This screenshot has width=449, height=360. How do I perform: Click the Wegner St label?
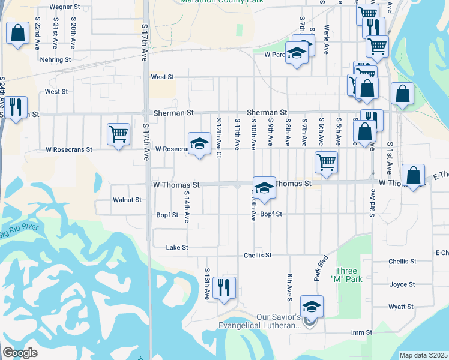click(x=65, y=7)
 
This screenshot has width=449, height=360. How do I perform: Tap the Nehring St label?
click(x=55, y=60)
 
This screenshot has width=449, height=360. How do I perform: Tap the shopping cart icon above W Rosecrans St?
click(x=118, y=134)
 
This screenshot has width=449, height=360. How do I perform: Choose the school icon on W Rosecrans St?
click(x=199, y=143)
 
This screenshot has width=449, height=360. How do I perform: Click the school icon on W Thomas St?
click(x=264, y=188)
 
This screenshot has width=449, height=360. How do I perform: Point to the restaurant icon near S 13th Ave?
click(x=224, y=287)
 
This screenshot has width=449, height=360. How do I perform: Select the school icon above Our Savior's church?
click(x=312, y=307)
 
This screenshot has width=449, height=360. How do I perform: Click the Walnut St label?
click(x=127, y=200)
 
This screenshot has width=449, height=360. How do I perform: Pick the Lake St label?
click(x=177, y=247)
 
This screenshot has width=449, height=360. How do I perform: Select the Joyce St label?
click(x=402, y=284)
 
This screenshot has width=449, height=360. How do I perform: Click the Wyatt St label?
click(x=402, y=307)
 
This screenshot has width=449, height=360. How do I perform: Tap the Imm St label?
click(x=362, y=332)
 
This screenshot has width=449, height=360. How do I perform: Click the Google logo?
click(x=20, y=353)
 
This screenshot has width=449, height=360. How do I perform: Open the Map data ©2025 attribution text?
click(x=423, y=355)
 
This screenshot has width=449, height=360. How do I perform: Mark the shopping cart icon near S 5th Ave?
click(x=326, y=162)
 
